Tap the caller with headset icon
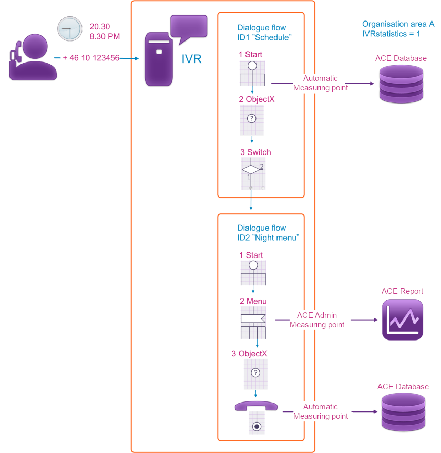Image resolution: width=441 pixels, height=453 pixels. pyautogui.click(x=33, y=58)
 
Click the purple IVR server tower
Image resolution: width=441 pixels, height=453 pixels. pyautogui.click(x=159, y=59)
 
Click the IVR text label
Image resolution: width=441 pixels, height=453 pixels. pyautogui.click(x=191, y=59)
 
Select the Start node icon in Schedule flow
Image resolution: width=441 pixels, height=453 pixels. pyautogui.click(x=252, y=73)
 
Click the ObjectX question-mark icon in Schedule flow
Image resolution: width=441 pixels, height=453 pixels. pyautogui.click(x=252, y=120)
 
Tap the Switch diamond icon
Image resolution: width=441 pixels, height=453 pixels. pyautogui.click(x=251, y=173)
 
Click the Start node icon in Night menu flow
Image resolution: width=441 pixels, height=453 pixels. pyautogui.click(x=253, y=273)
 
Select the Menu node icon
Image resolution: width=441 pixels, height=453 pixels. pyautogui.click(x=253, y=323)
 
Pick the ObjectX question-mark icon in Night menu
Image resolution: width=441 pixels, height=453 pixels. pyautogui.click(x=255, y=373)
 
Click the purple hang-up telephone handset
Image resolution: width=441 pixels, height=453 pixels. pyautogui.click(x=256, y=407)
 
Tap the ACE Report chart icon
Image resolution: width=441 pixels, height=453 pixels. pyautogui.click(x=402, y=320)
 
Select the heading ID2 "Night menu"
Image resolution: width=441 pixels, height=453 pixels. pyautogui.click(x=268, y=238)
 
